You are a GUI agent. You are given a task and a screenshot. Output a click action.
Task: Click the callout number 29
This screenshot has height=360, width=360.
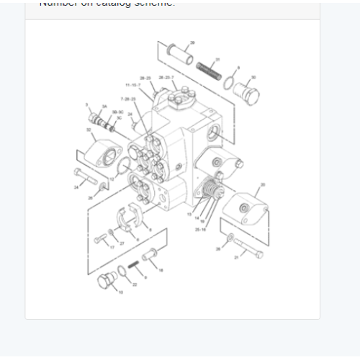192,42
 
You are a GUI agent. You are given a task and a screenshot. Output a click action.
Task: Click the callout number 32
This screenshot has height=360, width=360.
89,130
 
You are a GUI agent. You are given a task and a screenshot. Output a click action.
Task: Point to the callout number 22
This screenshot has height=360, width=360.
134,285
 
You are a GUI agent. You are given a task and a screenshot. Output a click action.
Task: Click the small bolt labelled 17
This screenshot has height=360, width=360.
99,238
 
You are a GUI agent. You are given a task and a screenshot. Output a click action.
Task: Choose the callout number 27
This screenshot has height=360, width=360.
122,243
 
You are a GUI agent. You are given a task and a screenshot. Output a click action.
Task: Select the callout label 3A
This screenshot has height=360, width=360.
104,107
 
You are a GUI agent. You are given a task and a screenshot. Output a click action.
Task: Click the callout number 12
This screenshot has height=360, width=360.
112,179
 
